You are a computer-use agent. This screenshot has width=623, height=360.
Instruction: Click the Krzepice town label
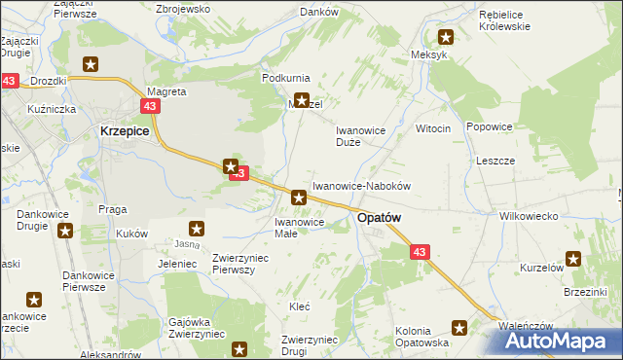coord(125,130)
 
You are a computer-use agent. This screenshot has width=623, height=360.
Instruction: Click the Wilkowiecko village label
coord(527,216)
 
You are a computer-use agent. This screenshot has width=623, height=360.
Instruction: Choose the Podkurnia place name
coord(286,77)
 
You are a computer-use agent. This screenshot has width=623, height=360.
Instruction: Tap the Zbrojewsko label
coord(183,8)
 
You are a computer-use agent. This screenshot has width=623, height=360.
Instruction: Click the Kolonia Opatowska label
coord(421,337)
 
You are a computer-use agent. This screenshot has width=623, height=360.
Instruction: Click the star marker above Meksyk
coord(446,38)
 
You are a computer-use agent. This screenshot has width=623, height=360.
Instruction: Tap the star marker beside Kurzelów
coord(573,259)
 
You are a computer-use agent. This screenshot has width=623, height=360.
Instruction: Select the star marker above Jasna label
coord(197,230)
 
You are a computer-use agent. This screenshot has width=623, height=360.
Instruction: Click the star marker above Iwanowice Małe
coord(299,198)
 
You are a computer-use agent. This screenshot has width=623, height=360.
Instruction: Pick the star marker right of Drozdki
coord(91,65)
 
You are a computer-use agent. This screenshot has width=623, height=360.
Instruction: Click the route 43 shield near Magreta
coord(150,105)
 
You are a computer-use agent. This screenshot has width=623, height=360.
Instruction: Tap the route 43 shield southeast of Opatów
coord(419,252)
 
